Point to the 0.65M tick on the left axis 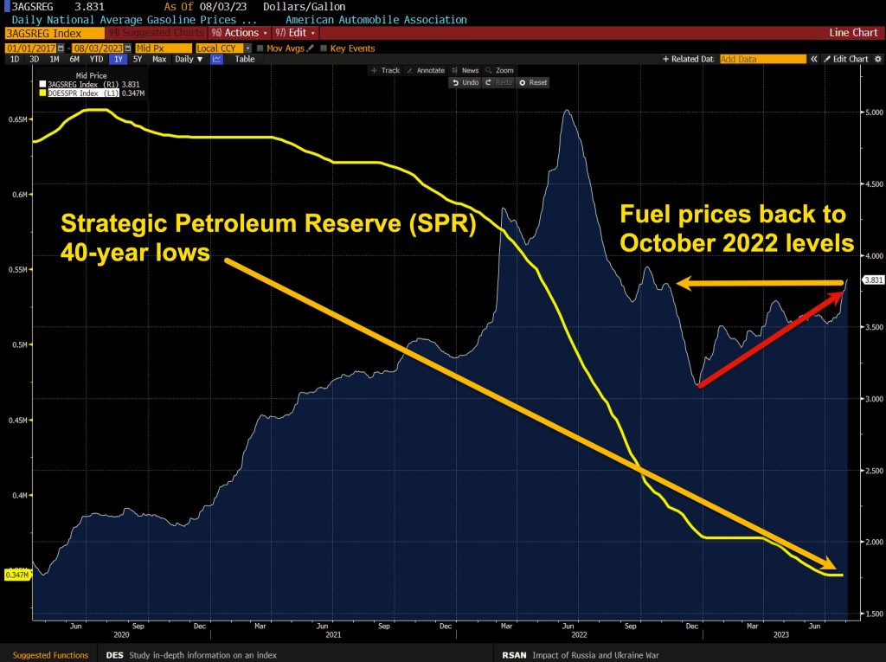click(x=15, y=119)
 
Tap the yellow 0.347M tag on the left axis click(x=17, y=575)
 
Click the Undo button click(x=465, y=82)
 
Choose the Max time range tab click(x=159, y=60)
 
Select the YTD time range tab click(x=97, y=60)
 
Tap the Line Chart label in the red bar click(x=853, y=33)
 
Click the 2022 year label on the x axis click(x=571, y=633)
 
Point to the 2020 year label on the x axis click(x=109, y=633)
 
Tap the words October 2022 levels click(x=735, y=241)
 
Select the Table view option click(x=245, y=60)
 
